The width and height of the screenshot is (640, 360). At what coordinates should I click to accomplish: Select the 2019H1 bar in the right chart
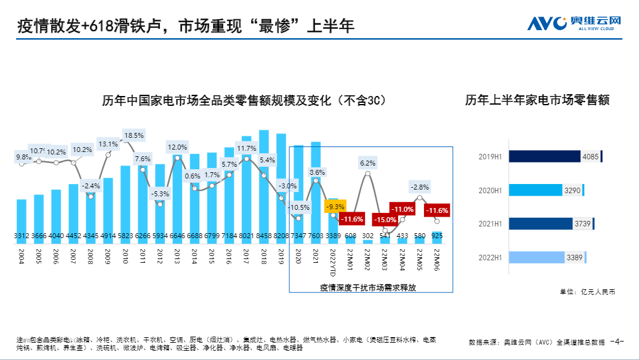coord(545,156)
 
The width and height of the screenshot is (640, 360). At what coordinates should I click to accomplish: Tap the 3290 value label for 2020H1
coord(572,190)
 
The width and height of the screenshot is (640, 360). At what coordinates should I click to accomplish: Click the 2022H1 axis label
coord(490,257)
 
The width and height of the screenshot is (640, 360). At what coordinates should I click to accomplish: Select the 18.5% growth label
coord(134,135)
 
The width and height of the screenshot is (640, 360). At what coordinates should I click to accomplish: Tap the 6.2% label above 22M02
coord(367,163)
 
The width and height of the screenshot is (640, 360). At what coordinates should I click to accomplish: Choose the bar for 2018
coord(264,185)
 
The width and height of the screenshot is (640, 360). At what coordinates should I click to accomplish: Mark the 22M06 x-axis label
coord(437,258)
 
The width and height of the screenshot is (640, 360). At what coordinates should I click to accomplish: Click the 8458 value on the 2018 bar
coord(264,235)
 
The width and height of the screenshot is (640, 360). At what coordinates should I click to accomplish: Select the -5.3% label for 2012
coord(159,194)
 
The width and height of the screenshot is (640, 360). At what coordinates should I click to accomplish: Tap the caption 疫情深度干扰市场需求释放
coord(367,287)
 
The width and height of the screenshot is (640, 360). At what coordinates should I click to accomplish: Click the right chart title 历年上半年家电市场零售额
coord(537,100)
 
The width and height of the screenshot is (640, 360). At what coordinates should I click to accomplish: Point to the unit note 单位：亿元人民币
coord(587,292)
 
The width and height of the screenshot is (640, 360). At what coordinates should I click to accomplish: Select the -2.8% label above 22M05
coord(420,186)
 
